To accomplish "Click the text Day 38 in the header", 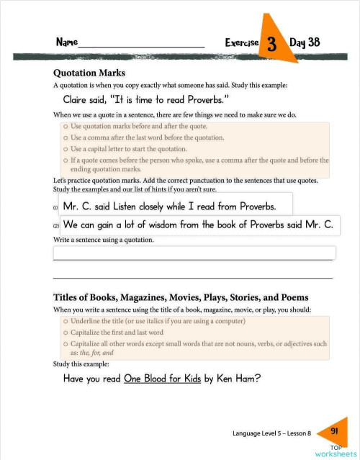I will [x=305, y=42].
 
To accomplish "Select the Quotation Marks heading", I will [x=89, y=73].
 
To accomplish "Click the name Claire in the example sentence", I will [x=78, y=100].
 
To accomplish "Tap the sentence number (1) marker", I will [x=56, y=208].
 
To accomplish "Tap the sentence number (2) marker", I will [x=56, y=226].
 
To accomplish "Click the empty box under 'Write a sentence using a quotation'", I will [x=194, y=253].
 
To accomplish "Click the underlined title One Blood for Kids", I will [x=162, y=379].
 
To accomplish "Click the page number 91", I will [x=334, y=430].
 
